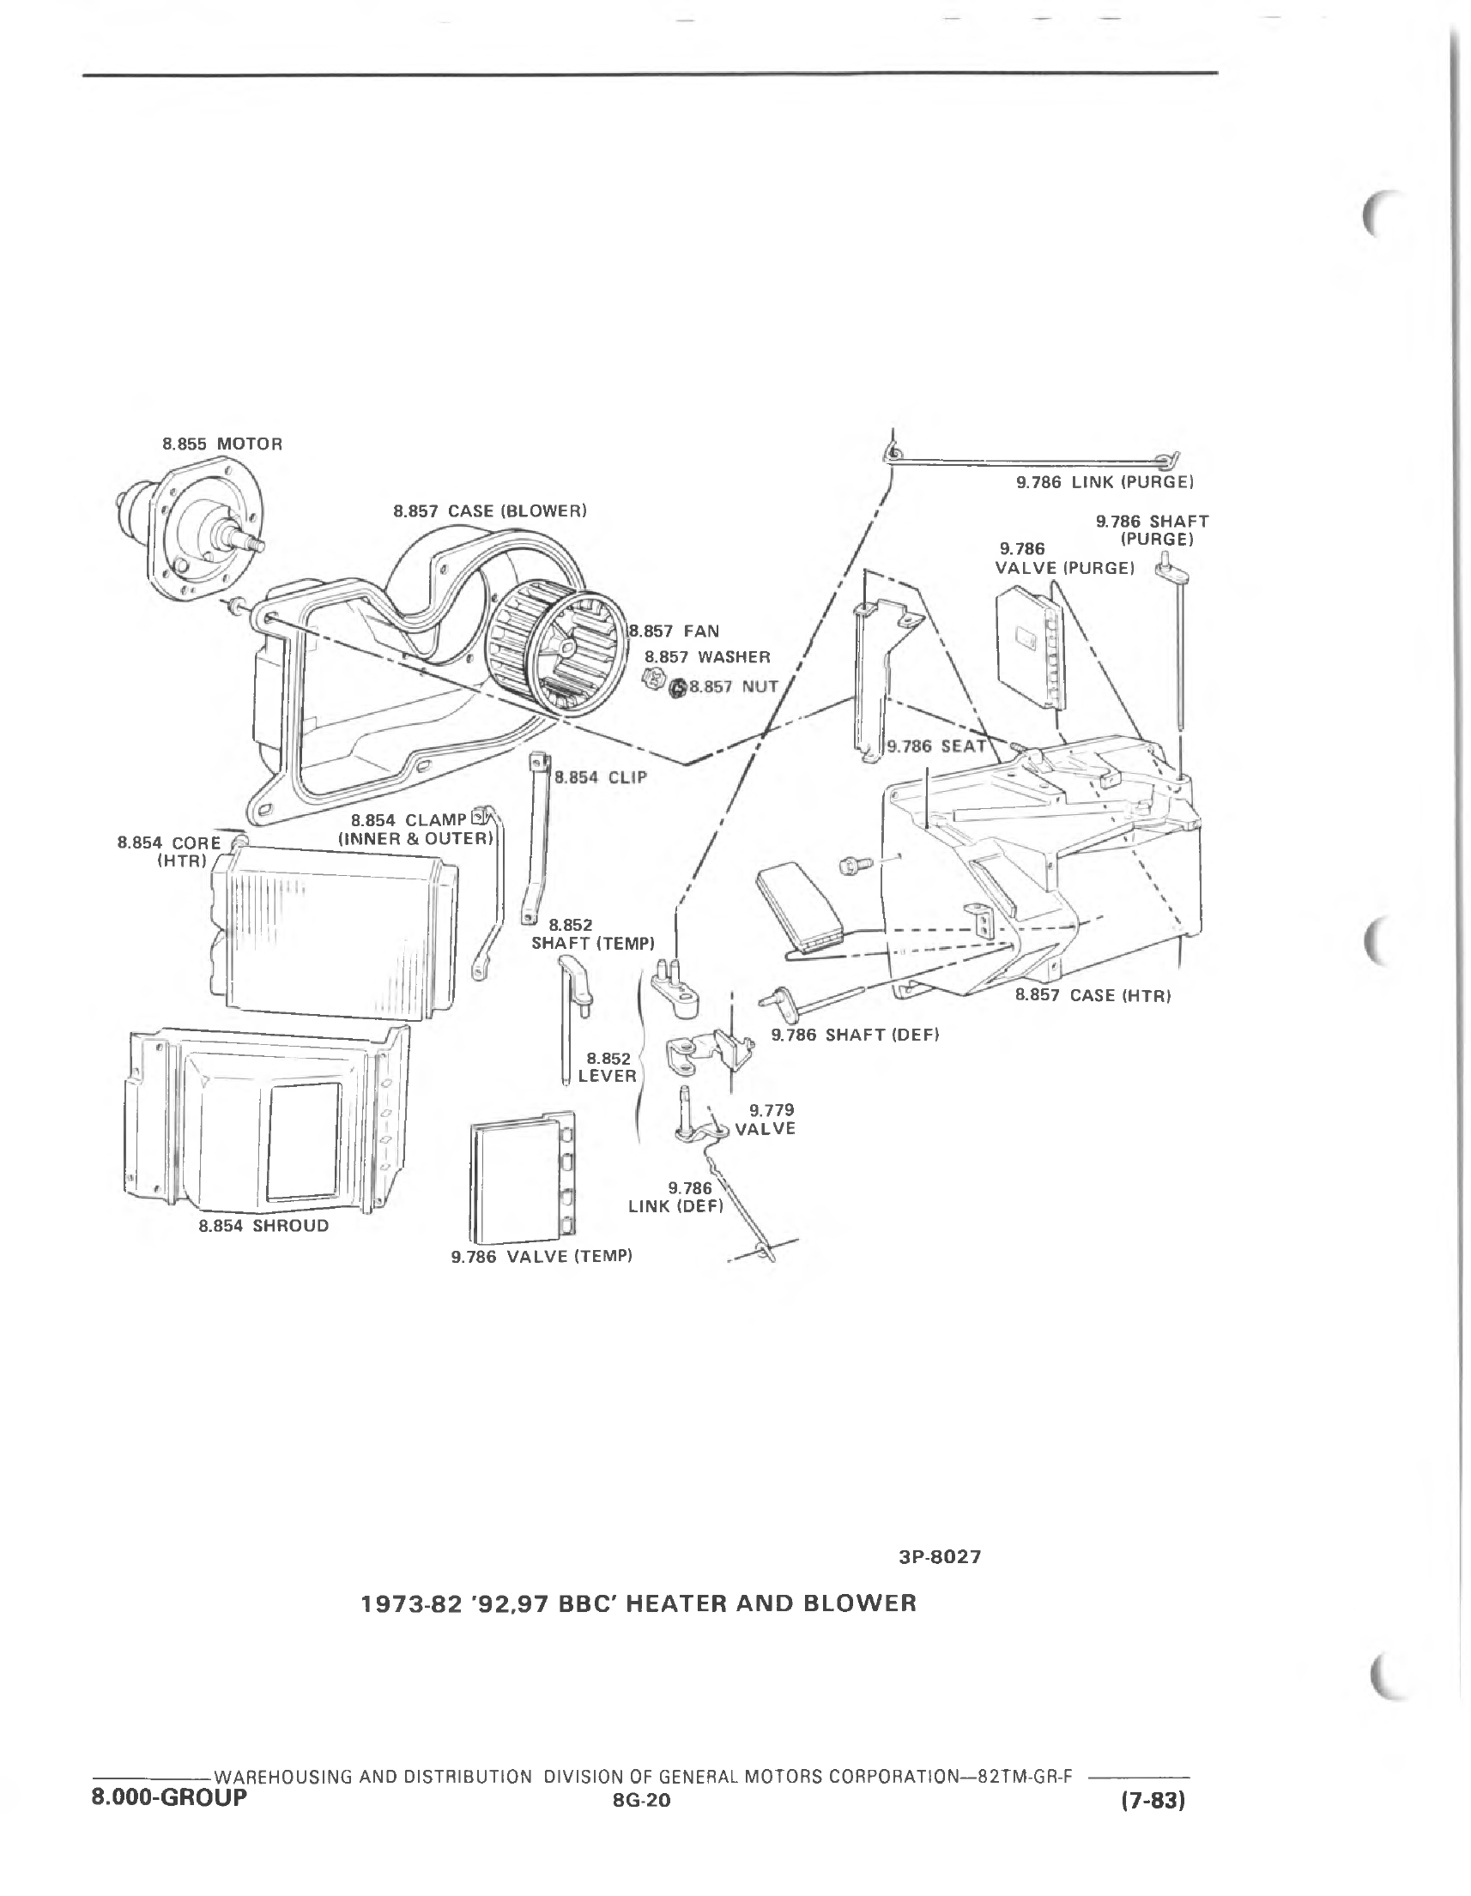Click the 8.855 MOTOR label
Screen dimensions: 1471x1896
[222, 444]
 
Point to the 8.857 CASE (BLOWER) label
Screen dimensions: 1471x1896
[490, 511]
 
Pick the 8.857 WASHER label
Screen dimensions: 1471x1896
[707, 657]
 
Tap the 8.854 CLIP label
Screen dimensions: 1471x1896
[601, 778]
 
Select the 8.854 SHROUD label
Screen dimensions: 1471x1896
[264, 1226]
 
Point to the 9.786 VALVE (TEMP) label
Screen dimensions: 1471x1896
[541, 1256]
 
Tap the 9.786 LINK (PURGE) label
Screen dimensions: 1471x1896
[1105, 482]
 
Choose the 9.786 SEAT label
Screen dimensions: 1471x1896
[936, 746]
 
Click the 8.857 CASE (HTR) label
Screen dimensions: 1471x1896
[1093, 995]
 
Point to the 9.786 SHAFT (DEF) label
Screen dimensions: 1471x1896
[856, 1035]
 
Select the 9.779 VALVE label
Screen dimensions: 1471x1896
[766, 1119]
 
